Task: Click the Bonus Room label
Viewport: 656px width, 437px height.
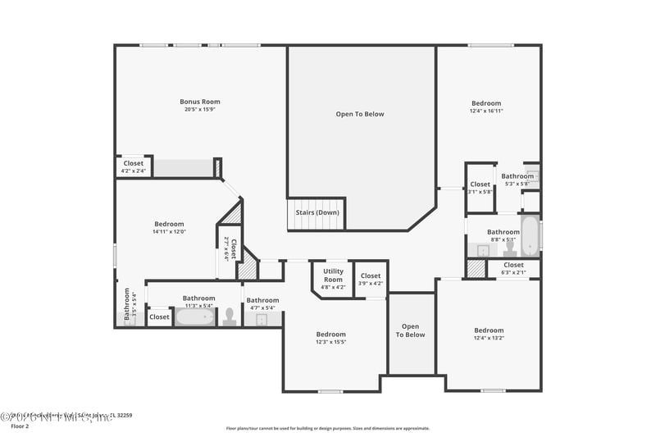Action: click(x=200, y=102)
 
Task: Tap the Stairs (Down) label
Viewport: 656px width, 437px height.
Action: click(x=317, y=212)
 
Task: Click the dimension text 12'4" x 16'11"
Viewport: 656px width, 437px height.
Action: click(x=486, y=111)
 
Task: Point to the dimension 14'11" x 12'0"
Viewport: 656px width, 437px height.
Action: click(x=169, y=232)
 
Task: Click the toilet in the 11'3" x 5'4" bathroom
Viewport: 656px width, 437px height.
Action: click(x=230, y=316)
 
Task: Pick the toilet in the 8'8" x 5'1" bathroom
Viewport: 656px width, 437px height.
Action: click(x=509, y=245)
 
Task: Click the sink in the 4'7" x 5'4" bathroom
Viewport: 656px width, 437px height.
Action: click(x=262, y=319)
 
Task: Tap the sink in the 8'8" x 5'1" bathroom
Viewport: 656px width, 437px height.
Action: click(x=484, y=250)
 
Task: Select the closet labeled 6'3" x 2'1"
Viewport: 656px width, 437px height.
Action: click(x=513, y=268)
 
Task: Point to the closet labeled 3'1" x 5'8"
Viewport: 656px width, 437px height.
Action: click(x=481, y=188)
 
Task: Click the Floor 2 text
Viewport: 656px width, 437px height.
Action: click(x=19, y=426)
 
